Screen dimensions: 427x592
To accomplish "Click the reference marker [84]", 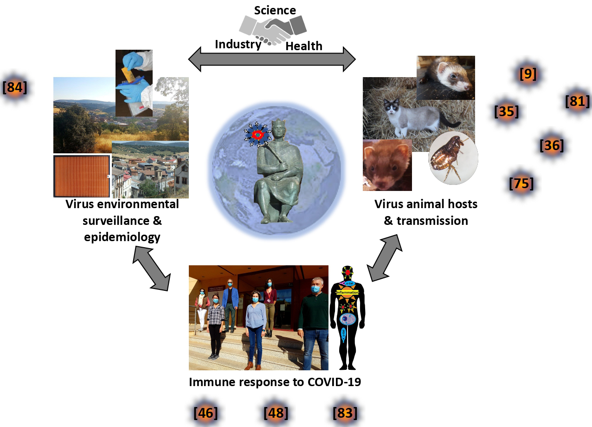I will pyautogui.click(x=15, y=87).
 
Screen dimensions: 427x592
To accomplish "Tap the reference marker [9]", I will pyautogui.click(x=528, y=74).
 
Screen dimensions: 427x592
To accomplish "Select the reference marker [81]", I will pyautogui.click(x=577, y=101).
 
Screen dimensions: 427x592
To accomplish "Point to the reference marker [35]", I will pyautogui.click(x=506, y=111).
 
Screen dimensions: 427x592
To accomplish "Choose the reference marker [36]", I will pyautogui.click(x=552, y=145).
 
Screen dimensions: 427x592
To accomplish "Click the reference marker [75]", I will pyautogui.click(x=521, y=184).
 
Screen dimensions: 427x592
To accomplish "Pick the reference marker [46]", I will pyautogui.click(x=205, y=412).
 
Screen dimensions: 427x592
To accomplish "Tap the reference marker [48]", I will pyautogui.click(x=276, y=412).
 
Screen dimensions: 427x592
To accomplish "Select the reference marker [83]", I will pyautogui.click(x=345, y=412).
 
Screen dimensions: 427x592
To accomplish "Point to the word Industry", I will pyautogui.click(x=238, y=45).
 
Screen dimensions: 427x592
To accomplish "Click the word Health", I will pyautogui.click(x=304, y=46).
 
